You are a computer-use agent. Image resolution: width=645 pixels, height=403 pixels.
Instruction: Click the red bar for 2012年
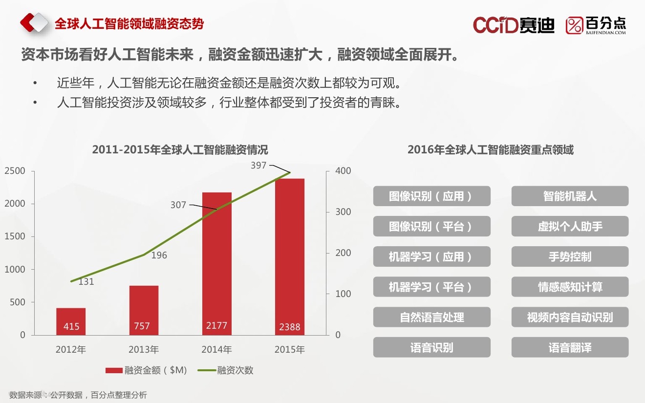tap(71, 321)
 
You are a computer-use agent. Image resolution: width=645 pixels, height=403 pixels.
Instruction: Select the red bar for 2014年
tap(216, 264)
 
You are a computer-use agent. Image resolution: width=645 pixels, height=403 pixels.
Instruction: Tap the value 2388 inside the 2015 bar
tap(289, 327)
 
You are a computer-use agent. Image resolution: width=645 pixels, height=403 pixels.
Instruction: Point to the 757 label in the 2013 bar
tap(142, 326)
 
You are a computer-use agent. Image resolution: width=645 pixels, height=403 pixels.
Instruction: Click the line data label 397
tap(258, 166)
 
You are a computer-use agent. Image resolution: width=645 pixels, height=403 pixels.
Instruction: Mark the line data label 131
tap(86, 282)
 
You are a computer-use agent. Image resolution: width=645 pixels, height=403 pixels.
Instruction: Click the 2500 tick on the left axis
tap(15, 171)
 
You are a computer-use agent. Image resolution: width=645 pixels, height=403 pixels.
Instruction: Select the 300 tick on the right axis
tap(343, 212)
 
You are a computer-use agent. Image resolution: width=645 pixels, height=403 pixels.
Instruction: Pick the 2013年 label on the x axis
tap(144, 350)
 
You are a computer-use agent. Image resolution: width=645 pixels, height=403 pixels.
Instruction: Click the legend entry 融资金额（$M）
tap(147, 370)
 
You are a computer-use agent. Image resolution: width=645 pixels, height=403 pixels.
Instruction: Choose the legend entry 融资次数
tap(226, 370)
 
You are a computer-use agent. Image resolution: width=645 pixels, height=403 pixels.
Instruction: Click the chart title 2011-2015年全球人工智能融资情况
tap(180, 149)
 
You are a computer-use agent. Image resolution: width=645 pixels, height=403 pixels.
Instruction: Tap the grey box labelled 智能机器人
tap(570, 196)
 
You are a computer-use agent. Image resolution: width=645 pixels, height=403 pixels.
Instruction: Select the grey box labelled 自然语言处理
tap(431, 318)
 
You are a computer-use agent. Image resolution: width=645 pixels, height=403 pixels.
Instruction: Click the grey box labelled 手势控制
tap(570, 257)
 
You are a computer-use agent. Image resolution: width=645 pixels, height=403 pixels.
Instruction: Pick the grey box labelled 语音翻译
tap(570, 348)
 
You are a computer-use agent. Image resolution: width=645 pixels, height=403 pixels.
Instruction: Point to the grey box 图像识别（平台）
tap(431, 227)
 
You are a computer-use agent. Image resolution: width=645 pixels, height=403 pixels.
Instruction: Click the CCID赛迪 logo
tap(513, 25)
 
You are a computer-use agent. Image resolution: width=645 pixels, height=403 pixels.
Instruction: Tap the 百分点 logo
tap(596, 25)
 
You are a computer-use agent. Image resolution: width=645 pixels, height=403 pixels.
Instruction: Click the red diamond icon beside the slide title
tap(34, 23)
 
